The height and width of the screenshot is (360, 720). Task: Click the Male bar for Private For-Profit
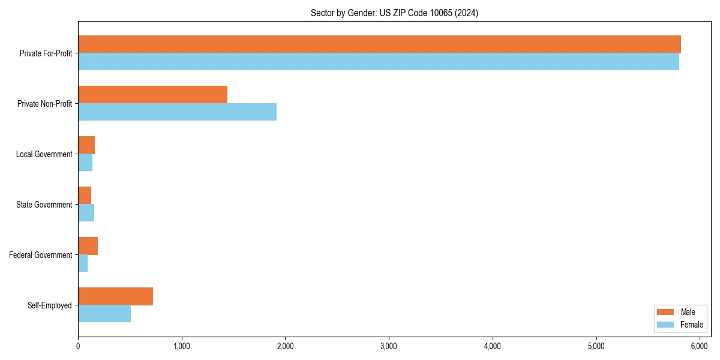379,44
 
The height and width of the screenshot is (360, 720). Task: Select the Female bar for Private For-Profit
378,62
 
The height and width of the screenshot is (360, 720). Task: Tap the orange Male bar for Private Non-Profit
152,95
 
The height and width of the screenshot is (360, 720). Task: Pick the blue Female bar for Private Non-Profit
177,112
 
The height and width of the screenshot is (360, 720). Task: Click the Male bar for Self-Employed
115,296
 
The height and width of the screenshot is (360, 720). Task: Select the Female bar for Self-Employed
104,314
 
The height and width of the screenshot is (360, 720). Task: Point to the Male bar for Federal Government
88,246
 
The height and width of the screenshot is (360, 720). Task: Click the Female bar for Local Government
85,163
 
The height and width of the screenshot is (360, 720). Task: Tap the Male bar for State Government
85,196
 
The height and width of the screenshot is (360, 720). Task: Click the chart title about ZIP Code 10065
394,13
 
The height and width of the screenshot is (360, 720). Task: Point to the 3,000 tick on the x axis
389,346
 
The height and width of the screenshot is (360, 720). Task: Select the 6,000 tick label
700,346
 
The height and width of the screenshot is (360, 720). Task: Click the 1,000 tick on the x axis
181,346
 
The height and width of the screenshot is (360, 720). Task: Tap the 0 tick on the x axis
78,346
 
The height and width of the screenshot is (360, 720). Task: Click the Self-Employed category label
50,305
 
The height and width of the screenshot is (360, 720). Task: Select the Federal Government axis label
41,255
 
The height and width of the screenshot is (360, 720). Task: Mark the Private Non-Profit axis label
46,104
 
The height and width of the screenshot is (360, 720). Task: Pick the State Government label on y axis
44,205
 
